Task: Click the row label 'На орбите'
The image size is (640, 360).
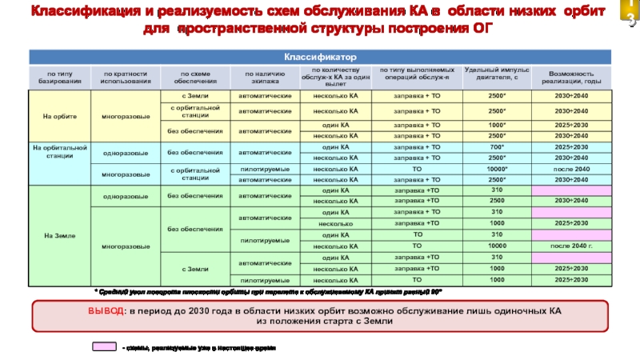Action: (x=60, y=117)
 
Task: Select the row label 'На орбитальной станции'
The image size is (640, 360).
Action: (x=60, y=152)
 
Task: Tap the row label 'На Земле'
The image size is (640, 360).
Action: (x=60, y=234)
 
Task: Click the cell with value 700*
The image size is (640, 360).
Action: (x=496, y=148)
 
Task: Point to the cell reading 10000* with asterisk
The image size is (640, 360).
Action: (x=496, y=170)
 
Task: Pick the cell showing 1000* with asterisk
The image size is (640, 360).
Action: (x=496, y=126)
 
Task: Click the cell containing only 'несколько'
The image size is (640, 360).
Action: (x=335, y=223)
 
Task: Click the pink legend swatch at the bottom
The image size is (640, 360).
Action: (x=102, y=347)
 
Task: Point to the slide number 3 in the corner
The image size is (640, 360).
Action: (x=631, y=21)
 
